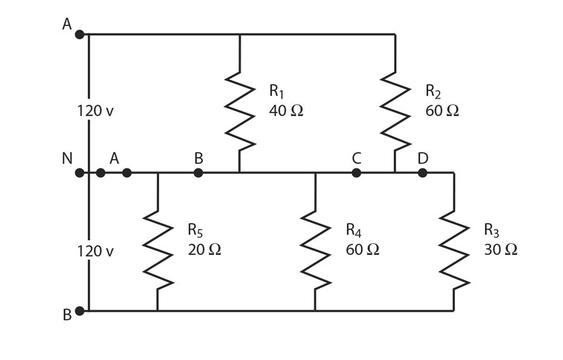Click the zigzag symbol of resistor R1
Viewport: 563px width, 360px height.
pos(240,111)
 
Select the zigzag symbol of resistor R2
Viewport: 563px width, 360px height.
pos(395,112)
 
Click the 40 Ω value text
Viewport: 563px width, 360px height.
pos(286,111)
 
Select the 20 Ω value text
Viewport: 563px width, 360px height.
pos(205,249)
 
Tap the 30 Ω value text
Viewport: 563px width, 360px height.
pos(501,249)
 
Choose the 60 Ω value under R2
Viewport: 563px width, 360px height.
pos(442,111)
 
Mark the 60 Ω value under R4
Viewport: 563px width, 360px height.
pos(363,249)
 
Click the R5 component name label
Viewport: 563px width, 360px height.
pos(196,230)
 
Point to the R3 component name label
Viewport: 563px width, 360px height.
pos(492,230)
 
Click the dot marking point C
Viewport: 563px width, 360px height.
pos(357,173)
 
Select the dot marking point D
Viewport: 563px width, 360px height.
pos(423,173)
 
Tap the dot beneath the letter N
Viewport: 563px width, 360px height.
pos(79,173)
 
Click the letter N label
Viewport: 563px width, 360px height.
pos(67,159)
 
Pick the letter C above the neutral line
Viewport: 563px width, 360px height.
pos(357,159)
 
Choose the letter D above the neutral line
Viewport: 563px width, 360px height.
pos(423,159)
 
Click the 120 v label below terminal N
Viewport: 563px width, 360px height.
pos(95,251)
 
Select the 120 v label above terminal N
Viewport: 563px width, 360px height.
pos(95,111)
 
